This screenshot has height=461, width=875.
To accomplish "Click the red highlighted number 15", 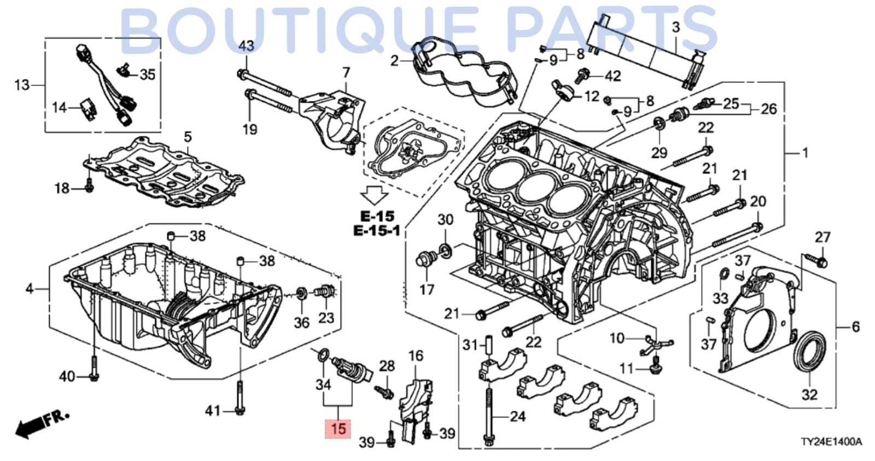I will (x=338, y=428).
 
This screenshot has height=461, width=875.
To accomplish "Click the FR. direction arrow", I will (x=41, y=423).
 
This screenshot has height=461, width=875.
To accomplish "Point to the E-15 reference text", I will (x=377, y=216).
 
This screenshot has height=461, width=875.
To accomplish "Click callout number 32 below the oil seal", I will (x=809, y=394).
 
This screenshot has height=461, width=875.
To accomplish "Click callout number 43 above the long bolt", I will (x=246, y=46).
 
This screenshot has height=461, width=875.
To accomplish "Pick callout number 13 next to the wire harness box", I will (x=22, y=85).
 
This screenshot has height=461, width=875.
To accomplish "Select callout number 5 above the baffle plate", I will (x=188, y=136).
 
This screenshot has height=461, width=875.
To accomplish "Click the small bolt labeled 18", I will (x=90, y=188).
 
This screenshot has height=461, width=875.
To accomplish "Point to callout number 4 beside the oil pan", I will (x=30, y=288).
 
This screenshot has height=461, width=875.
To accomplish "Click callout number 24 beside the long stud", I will (x=517, y=417).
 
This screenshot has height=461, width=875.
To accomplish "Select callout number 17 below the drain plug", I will (x=427, y=289).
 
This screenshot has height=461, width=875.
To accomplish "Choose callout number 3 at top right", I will (x=676, y=27).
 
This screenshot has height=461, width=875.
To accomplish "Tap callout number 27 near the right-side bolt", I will (x=822, y=237).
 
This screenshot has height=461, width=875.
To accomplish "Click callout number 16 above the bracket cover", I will (x=416, y=356).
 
